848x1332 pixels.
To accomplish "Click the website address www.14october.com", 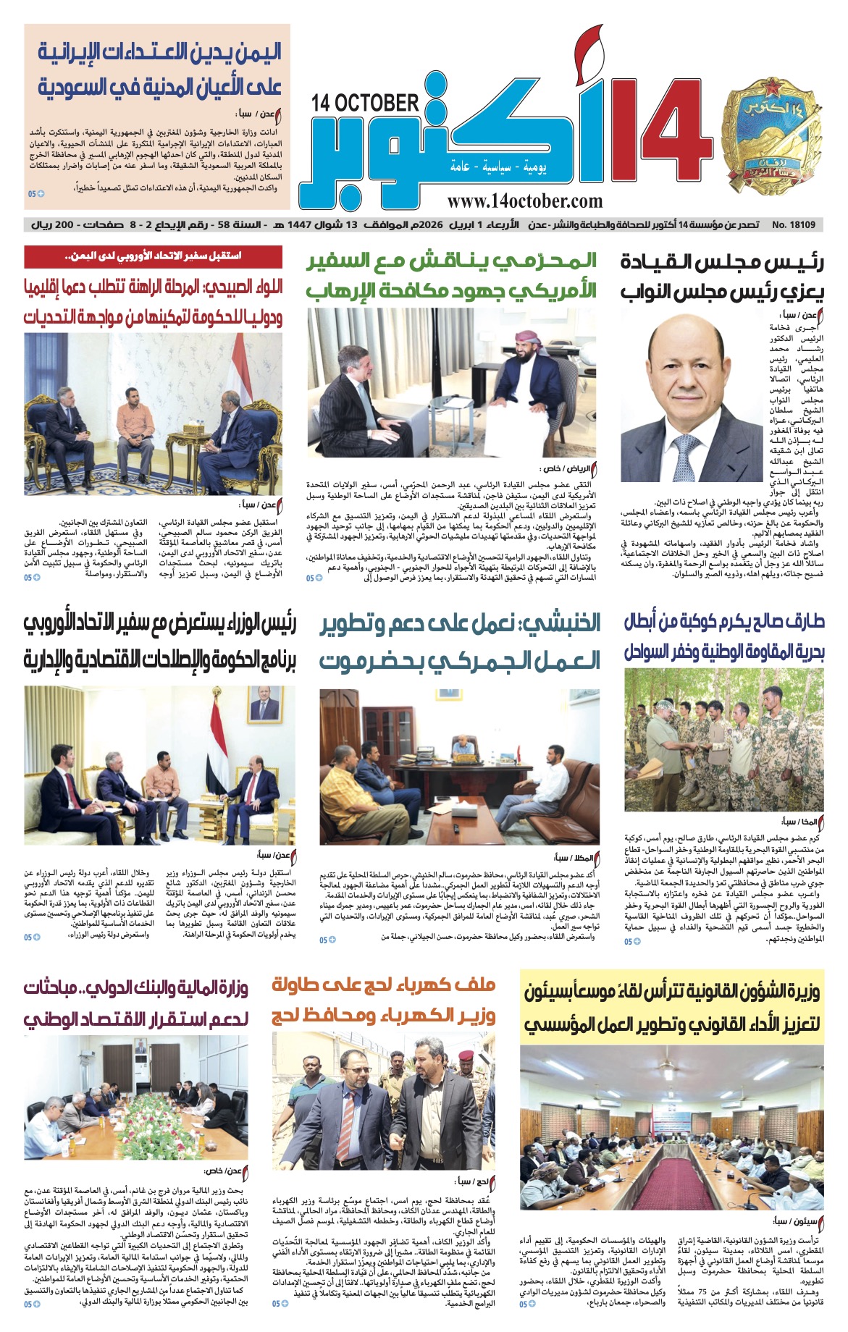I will coord(524,201).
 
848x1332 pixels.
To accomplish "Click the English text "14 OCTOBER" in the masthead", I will coord(365,104).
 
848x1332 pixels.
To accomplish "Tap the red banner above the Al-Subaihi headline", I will coord(153,256).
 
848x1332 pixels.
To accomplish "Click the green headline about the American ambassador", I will coord(451,276).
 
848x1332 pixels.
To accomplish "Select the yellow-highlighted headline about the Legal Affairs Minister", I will coord(672,1008).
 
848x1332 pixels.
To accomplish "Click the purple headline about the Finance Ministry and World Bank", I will coord(136,1003).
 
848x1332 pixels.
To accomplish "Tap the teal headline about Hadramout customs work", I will coord(460,641).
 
